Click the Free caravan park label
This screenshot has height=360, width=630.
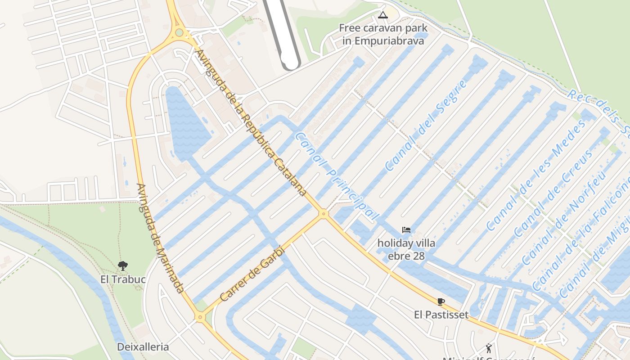383,34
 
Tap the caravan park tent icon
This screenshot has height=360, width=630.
382,15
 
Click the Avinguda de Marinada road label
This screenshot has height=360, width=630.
160,238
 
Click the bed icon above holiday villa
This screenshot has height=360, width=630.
406,230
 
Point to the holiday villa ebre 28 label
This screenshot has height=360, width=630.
406,250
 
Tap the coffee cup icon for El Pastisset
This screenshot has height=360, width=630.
441,301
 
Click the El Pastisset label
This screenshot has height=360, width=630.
441,315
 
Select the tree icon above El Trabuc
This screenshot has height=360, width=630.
122,265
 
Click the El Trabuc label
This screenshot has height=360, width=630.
123,279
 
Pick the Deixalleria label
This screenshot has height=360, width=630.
143,347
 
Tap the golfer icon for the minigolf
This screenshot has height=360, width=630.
489,348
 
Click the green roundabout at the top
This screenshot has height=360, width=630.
180,32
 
